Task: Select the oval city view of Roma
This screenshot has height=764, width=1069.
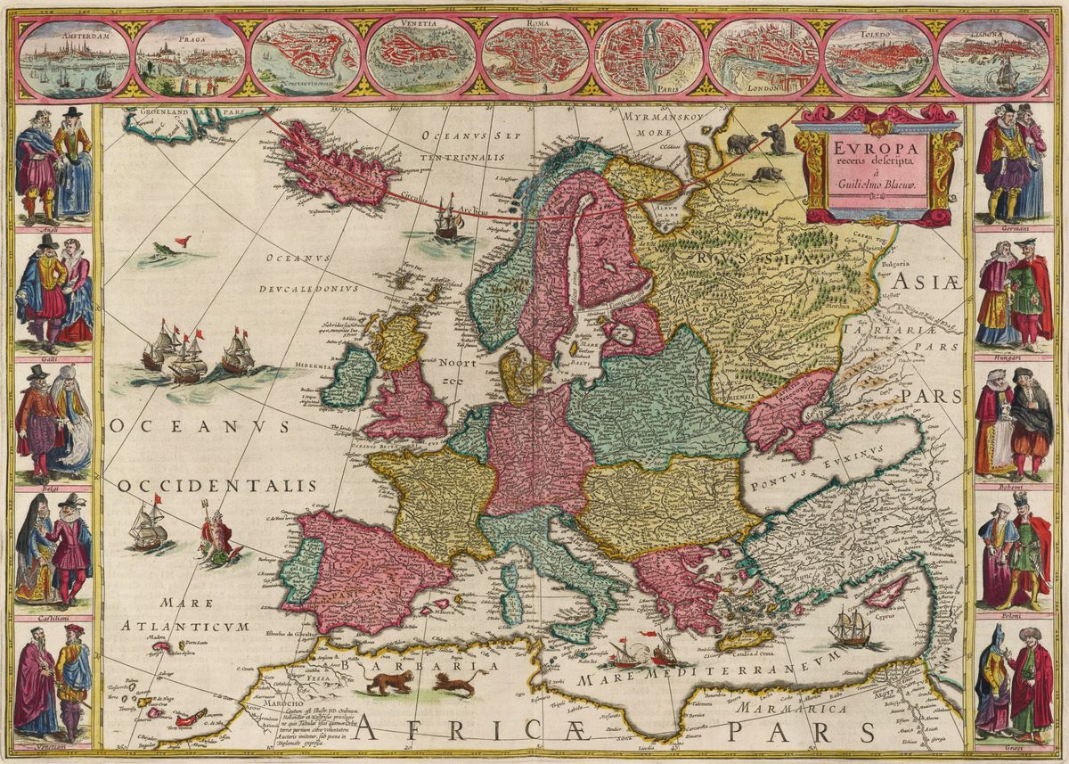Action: coord(534,58)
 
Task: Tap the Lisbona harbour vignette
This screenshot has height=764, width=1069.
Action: coord(994,58)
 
